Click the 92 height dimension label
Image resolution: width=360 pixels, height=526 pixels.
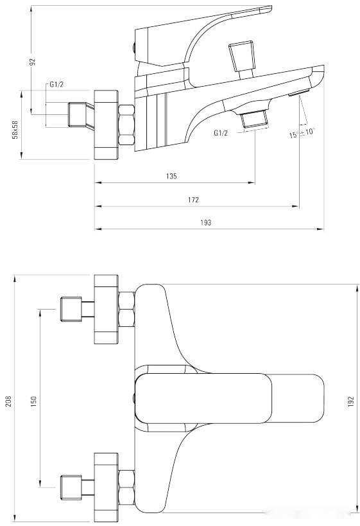[x=32, y=62]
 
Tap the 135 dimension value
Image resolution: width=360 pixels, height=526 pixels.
[x=171, y=176]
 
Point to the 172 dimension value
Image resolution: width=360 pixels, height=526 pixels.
[x=193, y=200]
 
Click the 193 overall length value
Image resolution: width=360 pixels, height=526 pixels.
[x=206, y=222]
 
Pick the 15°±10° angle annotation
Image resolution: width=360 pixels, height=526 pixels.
[x=301, y=133]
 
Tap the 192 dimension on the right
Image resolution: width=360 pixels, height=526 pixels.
[x=351, y=401]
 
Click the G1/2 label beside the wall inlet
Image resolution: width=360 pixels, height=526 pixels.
[x=57, y=84]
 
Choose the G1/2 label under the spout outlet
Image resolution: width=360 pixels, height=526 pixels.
[x=221, y=133]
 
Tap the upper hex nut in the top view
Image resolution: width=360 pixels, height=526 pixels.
[x=126, y=310]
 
